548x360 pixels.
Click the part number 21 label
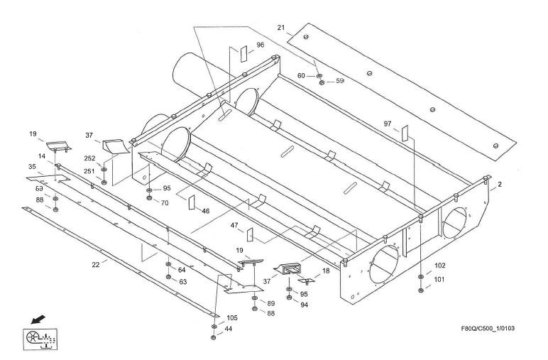[x=281, y=28]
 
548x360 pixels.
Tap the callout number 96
[x=260, y=45]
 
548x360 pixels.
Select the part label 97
[x=388, y=124]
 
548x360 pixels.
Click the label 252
[x=90, y=159]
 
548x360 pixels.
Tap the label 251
[x=90, y=171]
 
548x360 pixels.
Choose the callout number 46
[x=206, y=211]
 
